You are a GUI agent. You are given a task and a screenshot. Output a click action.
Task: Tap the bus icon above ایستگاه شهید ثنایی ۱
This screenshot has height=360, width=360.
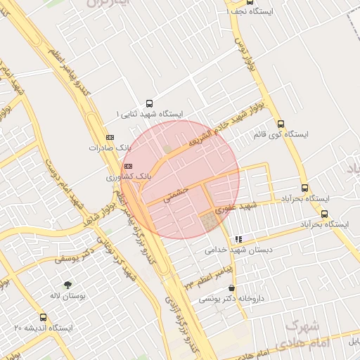pyautogui.click(x=148, y=103)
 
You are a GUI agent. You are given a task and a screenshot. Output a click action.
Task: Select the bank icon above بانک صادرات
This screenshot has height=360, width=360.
pyautogui.click(x=109, y=136)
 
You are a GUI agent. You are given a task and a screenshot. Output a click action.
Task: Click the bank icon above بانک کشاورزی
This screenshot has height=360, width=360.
pyautogui.click(x=127, y=165)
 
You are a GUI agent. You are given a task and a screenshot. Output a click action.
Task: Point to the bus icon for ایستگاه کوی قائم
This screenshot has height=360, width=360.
pyautogui.click(x=281, y=123)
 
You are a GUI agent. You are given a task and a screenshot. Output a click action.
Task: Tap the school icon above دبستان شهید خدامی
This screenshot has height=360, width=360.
pyautogui.click(x=239, y=239)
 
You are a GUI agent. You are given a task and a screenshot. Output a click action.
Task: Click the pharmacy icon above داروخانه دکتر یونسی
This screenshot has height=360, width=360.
pyautogui.click(x=233, y=288)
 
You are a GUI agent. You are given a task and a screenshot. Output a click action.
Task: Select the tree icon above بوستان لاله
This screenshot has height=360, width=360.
pyautogui.click(x=67, y=285)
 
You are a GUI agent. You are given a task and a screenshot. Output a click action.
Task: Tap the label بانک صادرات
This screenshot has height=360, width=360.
pyautogui.click(x=110, y=148)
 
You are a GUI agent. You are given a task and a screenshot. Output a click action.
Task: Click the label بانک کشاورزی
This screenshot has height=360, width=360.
pyautogui.click(x=129, y=176)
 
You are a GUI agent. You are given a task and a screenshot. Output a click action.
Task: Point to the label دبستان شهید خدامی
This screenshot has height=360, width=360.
pyautogui.click(x=238, y=250)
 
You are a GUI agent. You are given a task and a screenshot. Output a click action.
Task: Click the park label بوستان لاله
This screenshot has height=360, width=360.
pyautogui.click(x=68, y=296)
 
